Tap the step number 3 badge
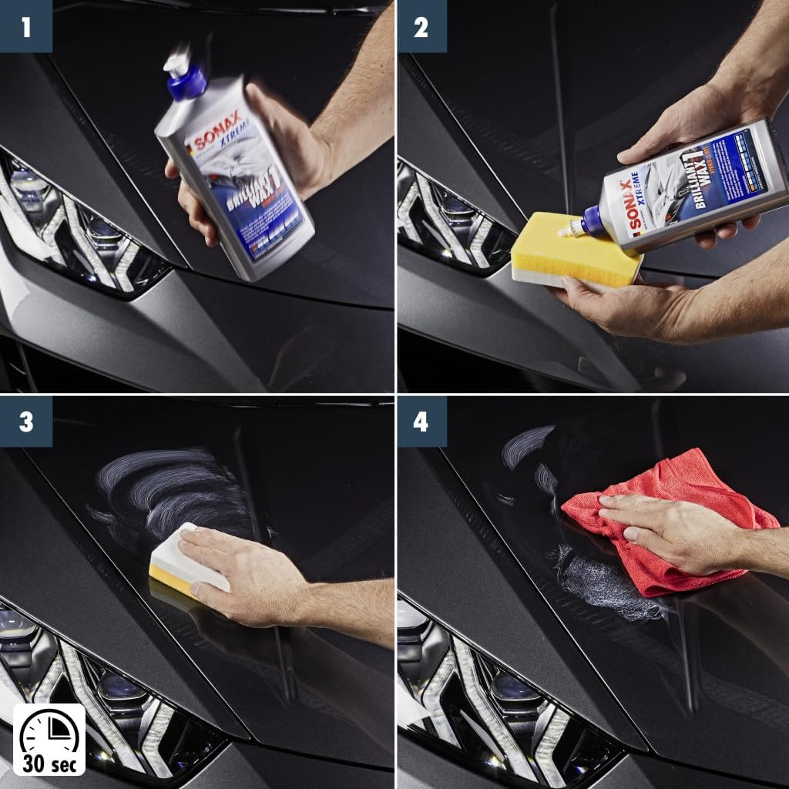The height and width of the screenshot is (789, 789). pyautogui.click(x=25, y=421)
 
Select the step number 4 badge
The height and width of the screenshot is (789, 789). pyautogui.click(x=421, y=421)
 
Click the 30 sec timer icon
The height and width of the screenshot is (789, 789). pyautogui.click(x=49, y=739)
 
